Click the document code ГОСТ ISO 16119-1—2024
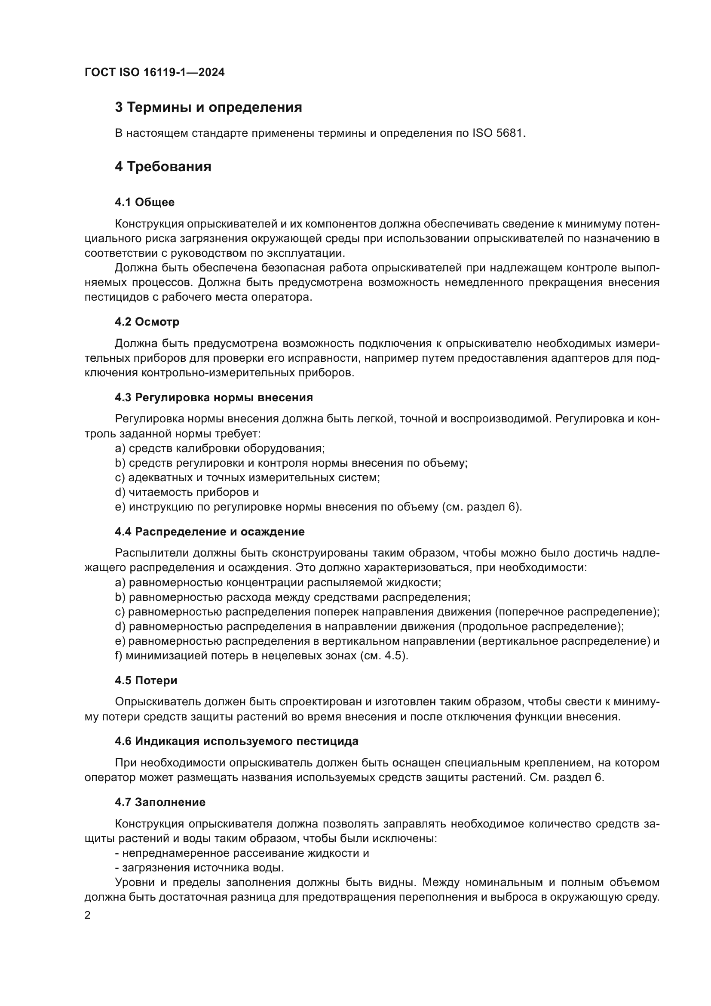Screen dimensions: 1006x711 154,72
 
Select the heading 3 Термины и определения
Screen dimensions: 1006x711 208,108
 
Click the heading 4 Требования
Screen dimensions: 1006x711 163,167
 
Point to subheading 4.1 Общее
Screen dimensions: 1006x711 144,203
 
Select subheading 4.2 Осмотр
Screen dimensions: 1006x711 147,322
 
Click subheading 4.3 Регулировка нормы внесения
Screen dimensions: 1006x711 214,398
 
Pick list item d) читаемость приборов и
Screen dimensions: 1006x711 187,492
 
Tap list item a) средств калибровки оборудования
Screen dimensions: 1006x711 219,449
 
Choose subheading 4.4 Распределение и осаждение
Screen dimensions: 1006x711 210,532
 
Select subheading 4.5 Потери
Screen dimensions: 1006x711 146,681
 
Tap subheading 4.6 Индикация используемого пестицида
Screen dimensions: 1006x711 236,741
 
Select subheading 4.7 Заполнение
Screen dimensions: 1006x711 160,802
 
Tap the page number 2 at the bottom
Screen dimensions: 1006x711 88,915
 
